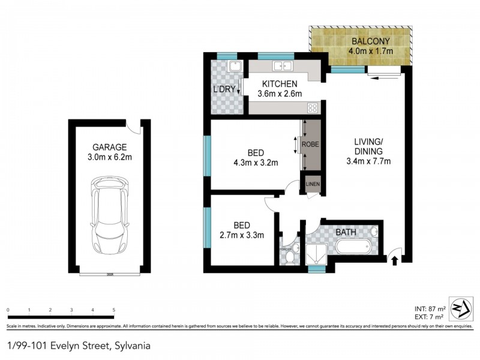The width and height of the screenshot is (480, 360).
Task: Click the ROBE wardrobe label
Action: [310, 145]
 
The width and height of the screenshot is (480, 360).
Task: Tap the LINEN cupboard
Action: [313, 184]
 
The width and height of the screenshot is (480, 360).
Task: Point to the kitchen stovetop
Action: [312, 108]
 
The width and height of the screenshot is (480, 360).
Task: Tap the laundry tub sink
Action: [236, 67]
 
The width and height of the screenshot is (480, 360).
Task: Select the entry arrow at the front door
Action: [394, 259]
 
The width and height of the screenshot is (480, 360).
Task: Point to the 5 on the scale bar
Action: [113, 310]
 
